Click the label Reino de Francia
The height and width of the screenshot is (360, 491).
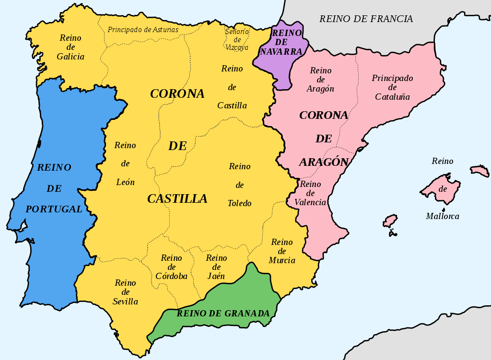366,19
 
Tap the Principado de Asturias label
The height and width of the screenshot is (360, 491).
143,30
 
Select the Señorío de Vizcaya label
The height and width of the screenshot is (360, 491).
237,39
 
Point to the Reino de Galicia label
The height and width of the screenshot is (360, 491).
70,47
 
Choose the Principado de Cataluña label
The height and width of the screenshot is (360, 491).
392,87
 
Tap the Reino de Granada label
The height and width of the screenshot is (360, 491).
223,314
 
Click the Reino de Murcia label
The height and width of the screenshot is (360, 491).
282,251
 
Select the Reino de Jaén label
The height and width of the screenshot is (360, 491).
216,267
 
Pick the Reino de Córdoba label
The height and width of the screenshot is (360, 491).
171,267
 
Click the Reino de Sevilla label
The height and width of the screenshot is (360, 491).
125,292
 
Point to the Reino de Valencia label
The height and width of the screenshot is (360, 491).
310,193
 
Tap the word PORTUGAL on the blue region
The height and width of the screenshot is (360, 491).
54,209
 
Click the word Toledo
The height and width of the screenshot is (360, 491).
239,203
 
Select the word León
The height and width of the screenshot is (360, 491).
126,182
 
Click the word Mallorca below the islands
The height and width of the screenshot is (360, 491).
442,216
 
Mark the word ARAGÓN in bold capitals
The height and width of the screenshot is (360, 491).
324,162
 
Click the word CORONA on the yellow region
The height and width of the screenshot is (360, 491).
177,94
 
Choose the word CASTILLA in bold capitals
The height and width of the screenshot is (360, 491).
177,198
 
